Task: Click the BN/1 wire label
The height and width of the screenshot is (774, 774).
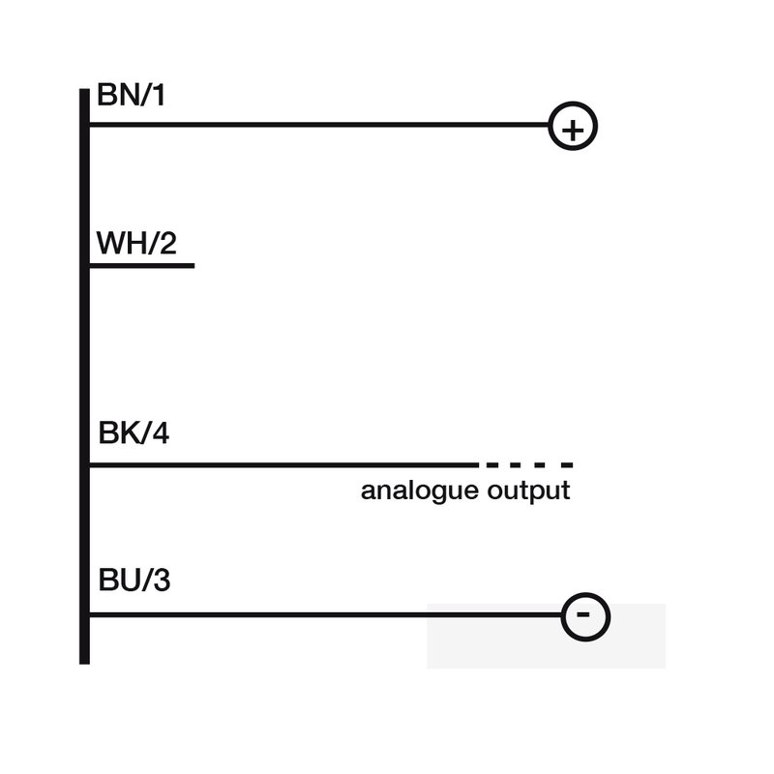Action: (x=131, y=95)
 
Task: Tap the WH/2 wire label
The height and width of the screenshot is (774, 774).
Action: (x=136, y=243)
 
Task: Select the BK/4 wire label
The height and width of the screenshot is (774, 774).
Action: (x=134, y=432)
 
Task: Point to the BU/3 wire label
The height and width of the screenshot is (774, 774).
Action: (x=134, y=580)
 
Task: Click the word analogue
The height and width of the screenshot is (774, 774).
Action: (x=420, y=491)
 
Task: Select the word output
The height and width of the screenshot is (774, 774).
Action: (x=528, y=491)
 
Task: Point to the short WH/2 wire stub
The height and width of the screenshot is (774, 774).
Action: (x=142, y=265)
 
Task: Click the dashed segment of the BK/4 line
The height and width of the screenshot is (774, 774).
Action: (x=529, y=465)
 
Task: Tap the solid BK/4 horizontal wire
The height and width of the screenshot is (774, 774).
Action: (x=283, y=465)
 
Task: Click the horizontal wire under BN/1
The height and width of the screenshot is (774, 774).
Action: (x=319, y=125)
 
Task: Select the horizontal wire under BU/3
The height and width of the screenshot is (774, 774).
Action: (x=326, y=614)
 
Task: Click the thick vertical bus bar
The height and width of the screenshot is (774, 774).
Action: (x=84, y=376)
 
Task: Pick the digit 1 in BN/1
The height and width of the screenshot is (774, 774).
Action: (x=159, y=95)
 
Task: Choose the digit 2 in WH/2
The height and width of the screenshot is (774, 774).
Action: (x=168, y=243)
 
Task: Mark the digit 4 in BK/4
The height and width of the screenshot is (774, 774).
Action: (x=161, y=432)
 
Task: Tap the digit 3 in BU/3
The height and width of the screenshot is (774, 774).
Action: (x=162, y=580)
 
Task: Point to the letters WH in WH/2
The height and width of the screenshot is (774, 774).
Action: (x=119, y=243)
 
